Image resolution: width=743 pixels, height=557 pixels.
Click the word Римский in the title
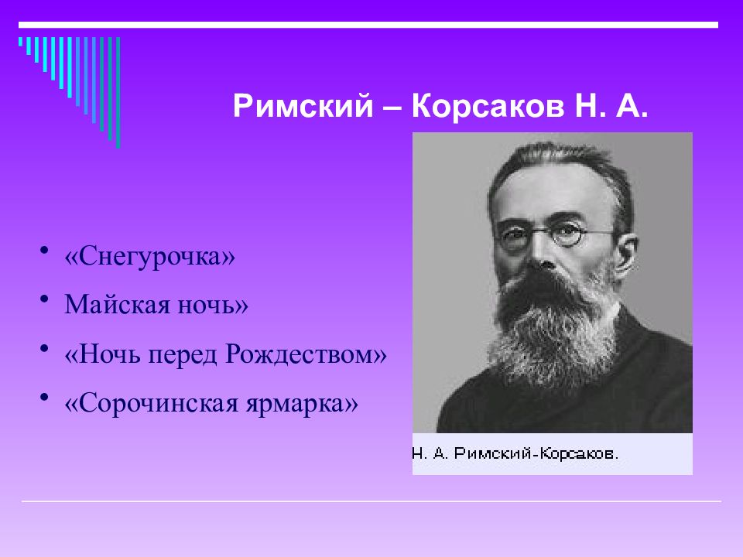point(303,106)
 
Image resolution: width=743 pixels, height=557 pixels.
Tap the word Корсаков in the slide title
point(488,106)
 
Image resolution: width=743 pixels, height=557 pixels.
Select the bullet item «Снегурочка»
point(149,257)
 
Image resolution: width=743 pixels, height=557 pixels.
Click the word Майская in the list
point(117,304)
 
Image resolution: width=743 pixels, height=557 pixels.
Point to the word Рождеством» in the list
point(306,354)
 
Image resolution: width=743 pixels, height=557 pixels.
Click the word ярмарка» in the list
point(302,405)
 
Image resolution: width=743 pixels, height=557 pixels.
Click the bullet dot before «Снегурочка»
point(44,251)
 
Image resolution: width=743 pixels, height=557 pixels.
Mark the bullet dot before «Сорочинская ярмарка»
point(44,398)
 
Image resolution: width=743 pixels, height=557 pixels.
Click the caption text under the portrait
point(515,453)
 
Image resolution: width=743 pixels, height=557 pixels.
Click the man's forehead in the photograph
point(550,190)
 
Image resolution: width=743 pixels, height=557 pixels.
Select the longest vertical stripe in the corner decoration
point(118,92)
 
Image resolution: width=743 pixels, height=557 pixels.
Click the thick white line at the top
point(368,25)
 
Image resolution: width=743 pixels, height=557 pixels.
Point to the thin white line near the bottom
point(371,501)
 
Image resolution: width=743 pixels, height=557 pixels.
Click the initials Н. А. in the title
point(611,106)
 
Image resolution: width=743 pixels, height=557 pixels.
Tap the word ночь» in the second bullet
point(213,305)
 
